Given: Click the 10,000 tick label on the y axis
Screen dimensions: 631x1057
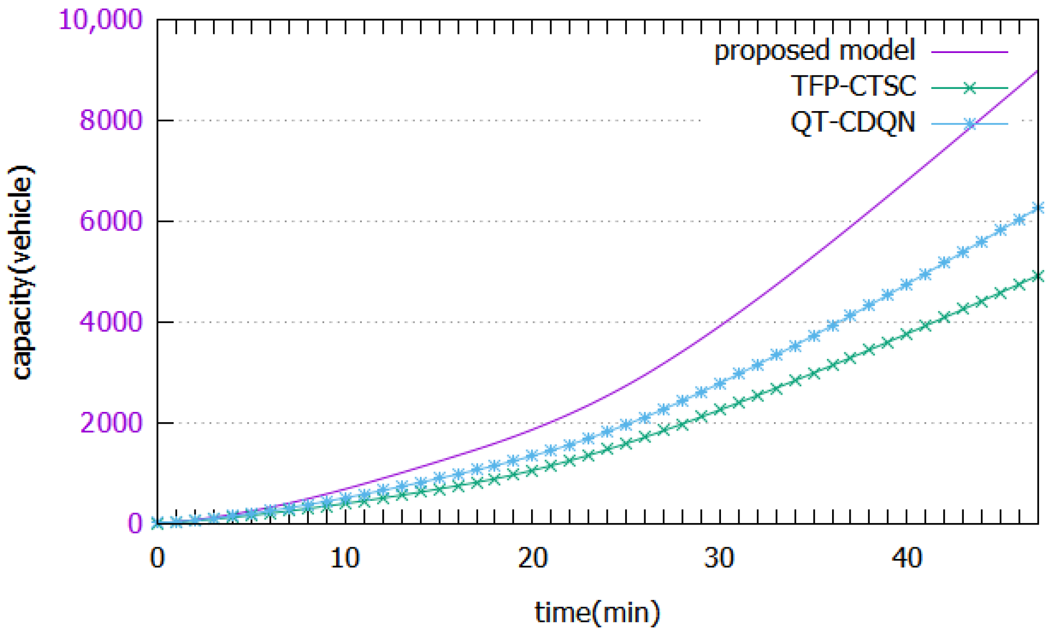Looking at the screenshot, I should coord(100,20).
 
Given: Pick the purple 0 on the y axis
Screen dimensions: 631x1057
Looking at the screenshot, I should coord(135,524).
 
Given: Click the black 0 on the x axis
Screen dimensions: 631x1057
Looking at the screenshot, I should coord(157,557).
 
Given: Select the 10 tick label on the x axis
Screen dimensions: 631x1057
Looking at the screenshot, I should coord(344,557).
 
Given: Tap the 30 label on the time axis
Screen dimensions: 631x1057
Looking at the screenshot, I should coord(719,557).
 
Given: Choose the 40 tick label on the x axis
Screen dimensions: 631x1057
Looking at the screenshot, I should coord(906,557).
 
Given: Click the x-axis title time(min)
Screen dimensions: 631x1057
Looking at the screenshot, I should coord(597,612).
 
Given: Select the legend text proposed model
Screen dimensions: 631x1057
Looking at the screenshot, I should coord(815,50).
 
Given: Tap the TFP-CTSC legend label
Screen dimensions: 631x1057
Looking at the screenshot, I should coord(853,86).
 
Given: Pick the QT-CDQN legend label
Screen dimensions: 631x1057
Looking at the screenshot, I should coord(853,122).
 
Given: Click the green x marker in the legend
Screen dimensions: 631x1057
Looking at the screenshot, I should coord(970,88).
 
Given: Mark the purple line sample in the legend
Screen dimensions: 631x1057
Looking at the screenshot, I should coord(970,52).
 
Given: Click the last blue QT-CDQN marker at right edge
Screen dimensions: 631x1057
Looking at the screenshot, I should coord(1037,208).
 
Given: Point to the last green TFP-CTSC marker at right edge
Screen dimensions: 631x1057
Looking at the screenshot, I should coord(1037,277).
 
